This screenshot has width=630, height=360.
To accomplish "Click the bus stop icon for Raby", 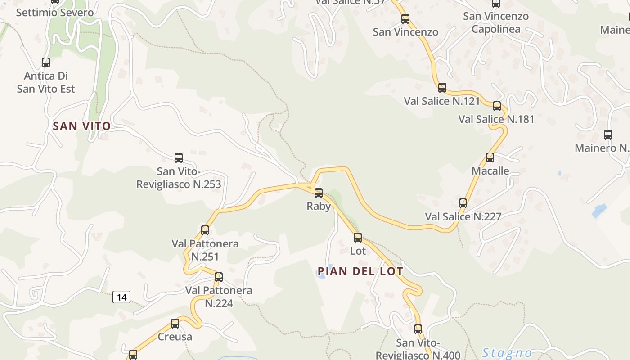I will pyautogui.click(x=319, y=193).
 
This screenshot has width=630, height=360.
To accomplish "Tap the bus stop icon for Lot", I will pyautogui.click(x=358, y=238).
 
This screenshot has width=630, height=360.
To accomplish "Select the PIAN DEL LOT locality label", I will pyautogui.click(x=360, y=271).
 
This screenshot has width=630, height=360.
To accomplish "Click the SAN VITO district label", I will pyautogui.click(x=82, y=126).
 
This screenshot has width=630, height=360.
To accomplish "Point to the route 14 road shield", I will pyautogui.click(x=121, y=297).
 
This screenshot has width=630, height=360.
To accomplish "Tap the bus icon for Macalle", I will pyautogui.click(x=490, y=157).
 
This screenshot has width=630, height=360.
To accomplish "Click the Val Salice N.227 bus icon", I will pyautogui.click(x=463, y=203).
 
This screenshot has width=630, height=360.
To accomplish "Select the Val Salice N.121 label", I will pyautogui.click(x=442, y=101).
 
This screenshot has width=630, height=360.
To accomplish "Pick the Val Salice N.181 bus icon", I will pyautogui.click(x=497, y=106).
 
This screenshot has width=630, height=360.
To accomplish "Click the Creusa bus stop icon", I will pyautogui.click(x=175, y=323).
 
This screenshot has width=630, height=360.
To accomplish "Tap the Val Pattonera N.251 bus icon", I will pyautogui.click(x=205, y=230).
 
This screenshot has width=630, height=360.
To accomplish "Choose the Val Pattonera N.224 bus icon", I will pyautogui.click(x=219, y=277).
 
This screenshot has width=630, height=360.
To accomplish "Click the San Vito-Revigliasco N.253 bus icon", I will pyautogui.click(x=179, y=158).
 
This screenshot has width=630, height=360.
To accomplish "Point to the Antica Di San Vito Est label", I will pyautogui.click(x=46, y=82).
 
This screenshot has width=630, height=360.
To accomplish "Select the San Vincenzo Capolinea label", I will pyautogui.click(x=496, y=23).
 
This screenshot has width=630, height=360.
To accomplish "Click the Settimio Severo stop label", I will pyautogui.click(x=55, y=13).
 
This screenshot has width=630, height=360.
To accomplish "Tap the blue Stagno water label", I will pyautogui.click(x=507, y=353).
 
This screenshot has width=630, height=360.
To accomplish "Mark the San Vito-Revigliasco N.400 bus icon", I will pyautogui.click(x=418, y=329).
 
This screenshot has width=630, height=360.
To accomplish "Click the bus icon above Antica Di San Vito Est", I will pyautogui.click(x=46, y=63).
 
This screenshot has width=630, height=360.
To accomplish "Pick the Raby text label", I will pyautogui.click(x=319, y=207).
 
